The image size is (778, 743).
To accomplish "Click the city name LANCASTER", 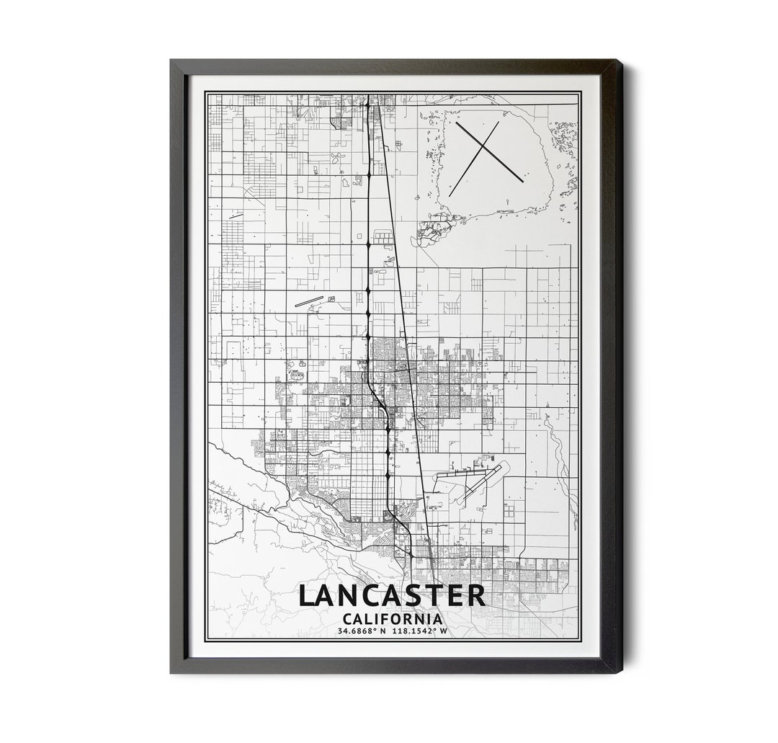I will click(392, 596).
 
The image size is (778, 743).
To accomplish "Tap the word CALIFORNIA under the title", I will click(393, 618).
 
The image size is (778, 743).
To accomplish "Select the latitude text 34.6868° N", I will click(362, 631).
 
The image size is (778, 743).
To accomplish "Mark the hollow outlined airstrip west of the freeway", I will click(309, 301).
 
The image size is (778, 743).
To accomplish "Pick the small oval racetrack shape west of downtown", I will click(296, 375).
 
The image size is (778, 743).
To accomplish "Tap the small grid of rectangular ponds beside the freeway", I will click(383, 237).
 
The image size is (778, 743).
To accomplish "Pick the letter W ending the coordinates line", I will click(444, 631).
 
